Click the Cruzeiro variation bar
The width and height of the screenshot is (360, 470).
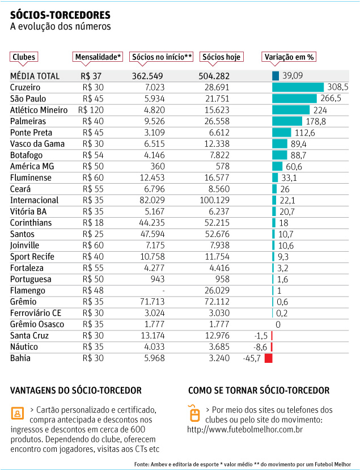298,87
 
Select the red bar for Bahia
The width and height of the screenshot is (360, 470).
268,358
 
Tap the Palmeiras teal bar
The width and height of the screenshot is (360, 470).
287,121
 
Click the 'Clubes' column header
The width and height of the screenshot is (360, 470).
24,57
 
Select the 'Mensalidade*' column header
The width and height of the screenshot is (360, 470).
98,57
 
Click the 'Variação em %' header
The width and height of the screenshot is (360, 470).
289,57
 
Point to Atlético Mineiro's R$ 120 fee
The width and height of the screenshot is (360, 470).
91,109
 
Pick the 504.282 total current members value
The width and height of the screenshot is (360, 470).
214,75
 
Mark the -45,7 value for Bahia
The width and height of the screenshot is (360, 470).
252,358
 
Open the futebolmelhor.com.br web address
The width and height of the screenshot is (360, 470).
245,430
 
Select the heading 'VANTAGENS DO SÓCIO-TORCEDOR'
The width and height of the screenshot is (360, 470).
76,391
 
